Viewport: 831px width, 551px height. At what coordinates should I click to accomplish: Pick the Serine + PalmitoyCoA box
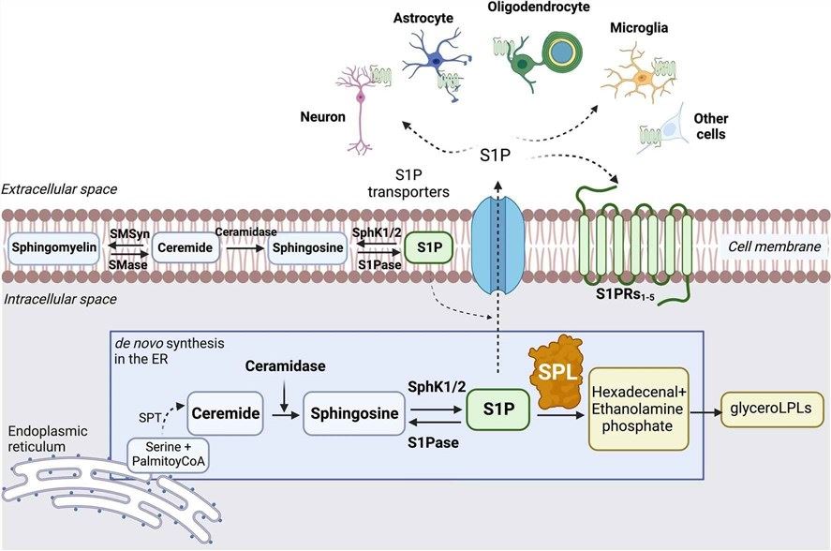171,455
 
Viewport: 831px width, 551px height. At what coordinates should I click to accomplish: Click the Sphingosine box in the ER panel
351,411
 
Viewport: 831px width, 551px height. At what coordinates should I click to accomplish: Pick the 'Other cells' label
710,127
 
